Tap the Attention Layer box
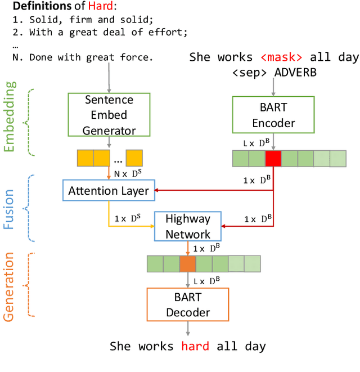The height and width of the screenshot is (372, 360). pyautogui.click(x=109, y=191)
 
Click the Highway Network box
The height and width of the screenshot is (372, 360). pyautogui.click(x=188, y=226)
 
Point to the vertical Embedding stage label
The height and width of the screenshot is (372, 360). pyautogui.click(x=10, y=116)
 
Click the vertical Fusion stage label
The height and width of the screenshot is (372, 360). pyautogui.click(x=10, y=209)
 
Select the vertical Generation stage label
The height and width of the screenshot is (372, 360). pyautogui.click(x=10, y=287)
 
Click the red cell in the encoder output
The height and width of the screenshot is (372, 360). pyautogui.click(x=273, y=159)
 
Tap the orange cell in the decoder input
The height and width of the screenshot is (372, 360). pyautogui.click(x=187, y=264)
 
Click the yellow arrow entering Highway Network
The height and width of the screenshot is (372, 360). pyautogui.click(x=129, y=226)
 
